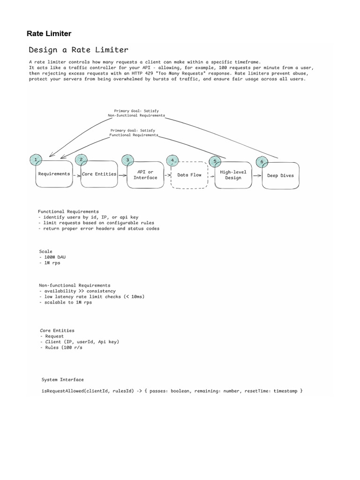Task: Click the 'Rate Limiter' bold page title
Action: pyautogui.click(x=49, y=33)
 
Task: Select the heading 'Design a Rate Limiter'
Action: pyautogui.click(x=78, y=50)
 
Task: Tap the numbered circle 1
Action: pyautogui.click(x=36, y=160)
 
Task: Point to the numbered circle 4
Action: pyautogui.click(x=173, y=160)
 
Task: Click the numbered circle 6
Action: pyautogui.click(x=262, y=162)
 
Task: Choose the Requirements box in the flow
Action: pyautogui.click(x=54, y=174)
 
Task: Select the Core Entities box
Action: pyautogui.click(x=99, y=174)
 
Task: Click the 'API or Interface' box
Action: pyautogui.click(x=145, y=175)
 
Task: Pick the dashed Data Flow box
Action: pyautogui.click(x=189, y=175)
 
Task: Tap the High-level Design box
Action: pyautogui.click(x=233, y=175)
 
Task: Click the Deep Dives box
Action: pyautogui.click(x=280, y=176)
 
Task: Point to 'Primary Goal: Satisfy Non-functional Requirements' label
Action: pyautogui.click(x=136, y=113)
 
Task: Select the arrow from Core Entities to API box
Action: pyautogui.click(x=122, y=175)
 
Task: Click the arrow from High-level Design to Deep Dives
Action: pyautogui.click(x=257, y=175)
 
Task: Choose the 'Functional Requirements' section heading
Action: pyautogui.click(x=68, y=211)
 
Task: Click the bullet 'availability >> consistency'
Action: pyautogui.click(x=79, y=291)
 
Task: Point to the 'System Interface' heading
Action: pyautogui.click(x=63, y=379)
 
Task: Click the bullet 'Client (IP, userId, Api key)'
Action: pyautogui.click(x=81, y=342)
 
